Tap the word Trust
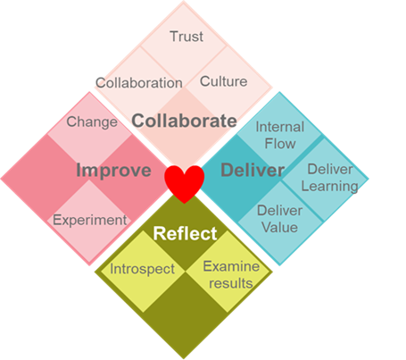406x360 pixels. pyautogui.click(x=186, y=37)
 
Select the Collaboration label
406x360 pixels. pyautogui.click(x=139, y=83)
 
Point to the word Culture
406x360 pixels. pyautogui.click(x=223, y=81)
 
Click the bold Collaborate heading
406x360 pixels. pyautogui.click(x=184, y=121)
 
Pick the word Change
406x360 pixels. pyautogui.click(x=92, y=122)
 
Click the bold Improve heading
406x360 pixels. pyautogui.click(x=114, y=171)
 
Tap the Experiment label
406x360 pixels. pyautogui.click(x=90, y=221)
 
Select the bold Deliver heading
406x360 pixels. pyautogui.click(x=253, y=170)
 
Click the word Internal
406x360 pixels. pyautogui.click(x=280, y=127)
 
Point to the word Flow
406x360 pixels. pyautogui.click(x=280, y=144)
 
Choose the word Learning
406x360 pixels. pyautogui.click(x=329, y=187)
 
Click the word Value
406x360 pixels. pyautogui.click(x=279, y=227)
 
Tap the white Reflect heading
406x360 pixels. pyautogui.click(x=185, y=233)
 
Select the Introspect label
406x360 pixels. pyautogui.click(x=142, y=269)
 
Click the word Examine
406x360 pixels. pyautogui.click(x=231, y=266)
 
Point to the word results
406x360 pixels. pyautogui.click(x=231, y=283)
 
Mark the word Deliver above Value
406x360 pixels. pyautogui.click(x=279, y=211)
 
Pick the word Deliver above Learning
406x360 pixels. pyautogui.click(x=330, y=169)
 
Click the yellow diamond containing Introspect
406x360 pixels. pyautogui.click(x=143, y=271)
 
